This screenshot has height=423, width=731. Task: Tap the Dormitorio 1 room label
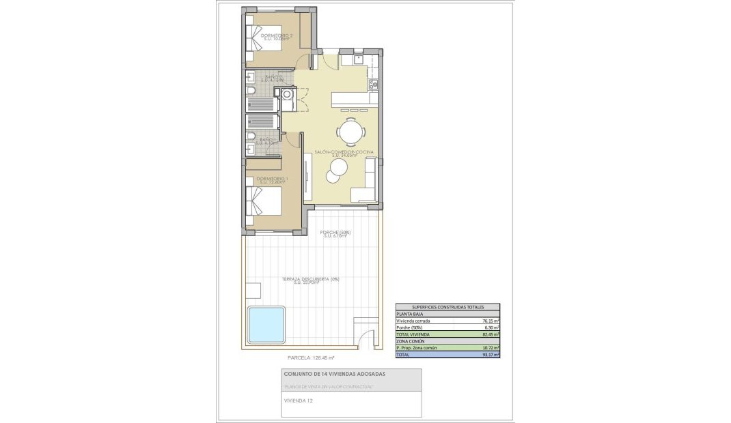tap(272, 179)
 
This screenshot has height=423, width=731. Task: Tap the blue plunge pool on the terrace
tap(266, 325)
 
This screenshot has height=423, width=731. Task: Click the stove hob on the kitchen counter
tap(373, 85)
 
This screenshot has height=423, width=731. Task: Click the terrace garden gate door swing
tap(367, 338)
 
